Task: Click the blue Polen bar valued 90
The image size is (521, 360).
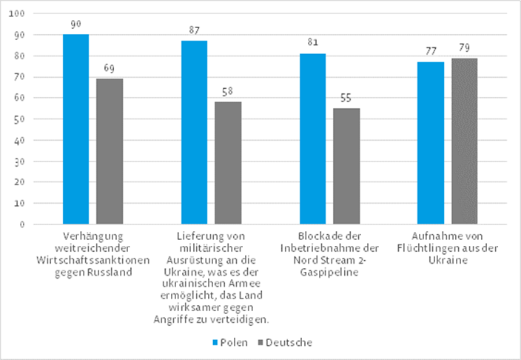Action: [x=75, y=129]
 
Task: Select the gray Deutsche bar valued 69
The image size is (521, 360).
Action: [x=110, y=151]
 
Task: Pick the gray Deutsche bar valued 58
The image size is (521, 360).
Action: [x=228, y=162]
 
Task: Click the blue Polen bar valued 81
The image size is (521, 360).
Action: [x=312, y=139]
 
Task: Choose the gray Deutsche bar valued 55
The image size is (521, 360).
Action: [x=346, y=166]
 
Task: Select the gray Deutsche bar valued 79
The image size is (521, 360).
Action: [x=465, y=141]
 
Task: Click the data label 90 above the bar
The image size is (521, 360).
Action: [x=75, y=24]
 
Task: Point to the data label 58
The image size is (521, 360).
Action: [x=228, y=92]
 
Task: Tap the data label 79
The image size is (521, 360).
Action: [x=465, y=48]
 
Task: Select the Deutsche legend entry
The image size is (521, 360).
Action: [x=287, y=343]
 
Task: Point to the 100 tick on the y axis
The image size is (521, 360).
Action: [x=16, y=14]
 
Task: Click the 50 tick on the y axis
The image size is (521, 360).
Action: [x=19, y=119]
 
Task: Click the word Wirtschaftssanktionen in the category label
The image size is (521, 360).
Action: [x=93, y=260]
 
